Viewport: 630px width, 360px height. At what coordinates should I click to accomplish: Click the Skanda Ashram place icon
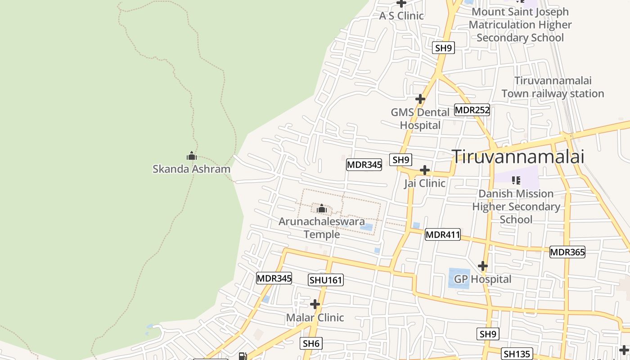[x=192, y=156]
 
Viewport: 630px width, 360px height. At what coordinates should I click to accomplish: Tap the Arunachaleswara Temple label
[x=321, y=228]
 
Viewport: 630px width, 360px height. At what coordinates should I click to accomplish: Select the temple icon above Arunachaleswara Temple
[x=321, y=209]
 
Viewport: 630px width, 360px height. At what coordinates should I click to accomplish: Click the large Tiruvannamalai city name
[x=518, y=157]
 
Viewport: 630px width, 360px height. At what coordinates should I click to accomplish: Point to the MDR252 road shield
[x=472, y=110]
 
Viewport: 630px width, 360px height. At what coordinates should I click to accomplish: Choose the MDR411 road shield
[x=442, y=234]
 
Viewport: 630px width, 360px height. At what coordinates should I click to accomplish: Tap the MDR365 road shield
[x=567, y=252]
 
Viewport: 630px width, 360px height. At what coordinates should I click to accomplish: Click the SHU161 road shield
[x=326, y=280]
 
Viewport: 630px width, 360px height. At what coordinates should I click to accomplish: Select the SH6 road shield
[x=311, y=344]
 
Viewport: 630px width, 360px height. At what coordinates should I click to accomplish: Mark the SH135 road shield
[x=517, y=354]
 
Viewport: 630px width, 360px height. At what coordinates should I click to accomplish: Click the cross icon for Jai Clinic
[x=424, y=170]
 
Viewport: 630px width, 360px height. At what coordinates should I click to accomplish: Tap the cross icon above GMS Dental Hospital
[x=420, y=99]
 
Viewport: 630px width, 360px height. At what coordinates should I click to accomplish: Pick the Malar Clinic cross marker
[x=315, y=305]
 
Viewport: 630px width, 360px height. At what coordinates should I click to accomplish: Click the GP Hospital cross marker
[x=483, y=266]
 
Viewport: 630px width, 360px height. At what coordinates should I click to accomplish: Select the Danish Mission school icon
[x=516, y=180]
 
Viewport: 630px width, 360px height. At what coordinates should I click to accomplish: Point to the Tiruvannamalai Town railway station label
[x=553, y=87]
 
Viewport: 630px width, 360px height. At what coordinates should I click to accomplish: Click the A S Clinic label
[x=401, y=16]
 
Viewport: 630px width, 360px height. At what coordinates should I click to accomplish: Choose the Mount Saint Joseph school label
[x=520, y=25]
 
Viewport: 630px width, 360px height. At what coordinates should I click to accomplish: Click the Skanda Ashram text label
[x=191, y=169]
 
